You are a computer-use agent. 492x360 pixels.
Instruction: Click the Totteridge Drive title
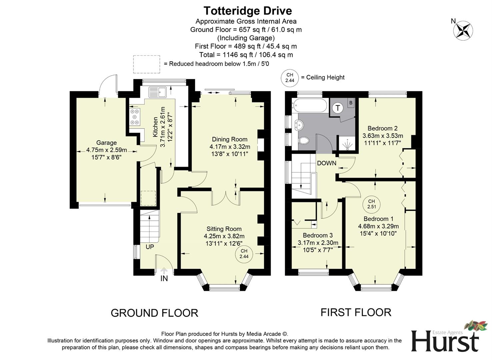247,11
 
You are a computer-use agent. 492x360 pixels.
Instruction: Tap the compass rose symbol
463,31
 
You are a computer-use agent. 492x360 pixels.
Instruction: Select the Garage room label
106,143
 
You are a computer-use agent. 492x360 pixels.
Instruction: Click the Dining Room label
230,139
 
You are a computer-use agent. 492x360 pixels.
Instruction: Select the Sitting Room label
224,229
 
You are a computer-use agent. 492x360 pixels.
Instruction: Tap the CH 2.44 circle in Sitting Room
244,254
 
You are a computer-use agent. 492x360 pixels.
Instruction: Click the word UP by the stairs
150,247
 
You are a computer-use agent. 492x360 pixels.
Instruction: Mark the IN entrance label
164,278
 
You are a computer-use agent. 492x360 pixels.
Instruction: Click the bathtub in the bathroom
309,106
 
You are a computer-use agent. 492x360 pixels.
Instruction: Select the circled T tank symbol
338,108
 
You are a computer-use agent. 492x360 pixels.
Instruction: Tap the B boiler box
351,103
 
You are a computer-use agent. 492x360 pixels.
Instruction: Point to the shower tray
347,144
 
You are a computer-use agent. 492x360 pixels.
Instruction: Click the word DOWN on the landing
326,163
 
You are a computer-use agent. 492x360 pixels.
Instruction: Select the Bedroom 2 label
382,128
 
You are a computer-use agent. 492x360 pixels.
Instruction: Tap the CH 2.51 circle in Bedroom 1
371,204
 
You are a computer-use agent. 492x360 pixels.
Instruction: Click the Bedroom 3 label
317,235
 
